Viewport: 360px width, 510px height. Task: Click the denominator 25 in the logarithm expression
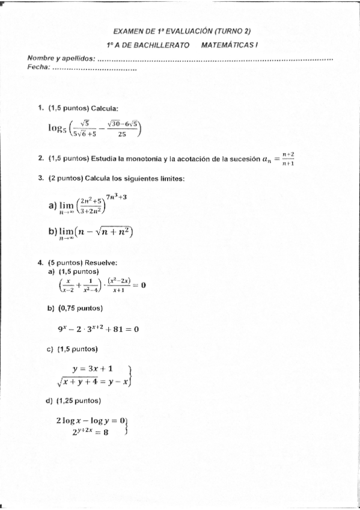click(122, 135)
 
